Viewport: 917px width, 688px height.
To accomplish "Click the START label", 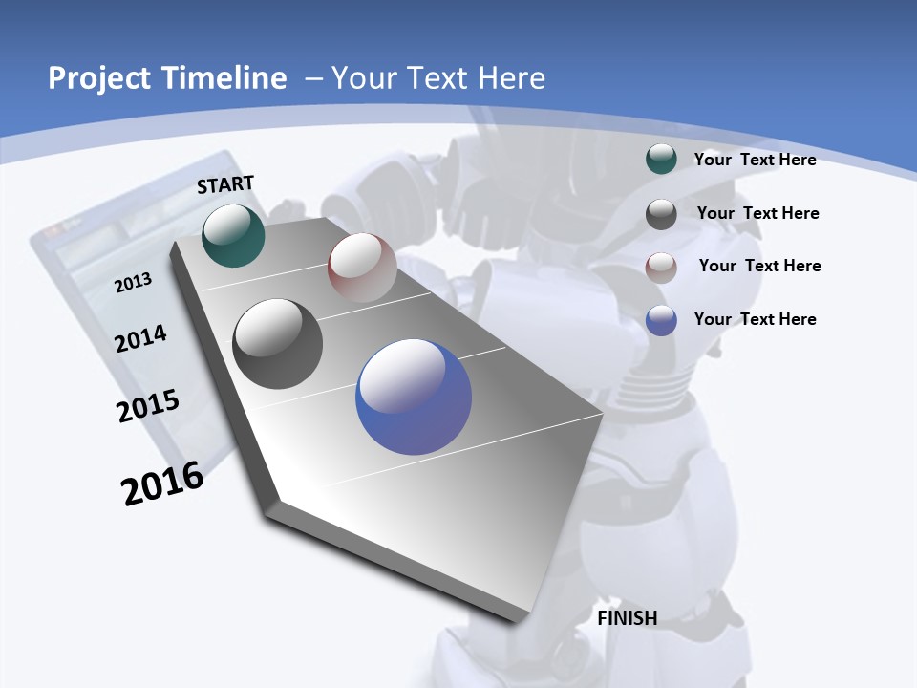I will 225,184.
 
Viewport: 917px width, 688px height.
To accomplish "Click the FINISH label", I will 627,618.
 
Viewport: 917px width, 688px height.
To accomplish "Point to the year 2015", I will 148,406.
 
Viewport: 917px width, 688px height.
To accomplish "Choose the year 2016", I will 162,484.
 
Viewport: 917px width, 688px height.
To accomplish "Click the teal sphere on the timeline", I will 233,235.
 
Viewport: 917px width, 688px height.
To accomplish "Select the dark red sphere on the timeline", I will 362,267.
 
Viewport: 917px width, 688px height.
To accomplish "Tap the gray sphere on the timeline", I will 278,344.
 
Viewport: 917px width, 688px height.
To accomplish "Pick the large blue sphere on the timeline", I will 414,397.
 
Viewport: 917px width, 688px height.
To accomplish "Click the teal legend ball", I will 661,159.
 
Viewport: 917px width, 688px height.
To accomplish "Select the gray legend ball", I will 661,214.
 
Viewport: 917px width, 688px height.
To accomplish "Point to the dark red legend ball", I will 661,268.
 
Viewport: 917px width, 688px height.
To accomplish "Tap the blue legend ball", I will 661,320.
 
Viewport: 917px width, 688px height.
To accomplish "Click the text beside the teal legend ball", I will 755,160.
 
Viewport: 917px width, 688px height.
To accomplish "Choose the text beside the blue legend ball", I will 755,319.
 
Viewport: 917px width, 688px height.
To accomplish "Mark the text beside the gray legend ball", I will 757,213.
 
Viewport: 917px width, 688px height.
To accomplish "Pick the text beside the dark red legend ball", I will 759,266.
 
